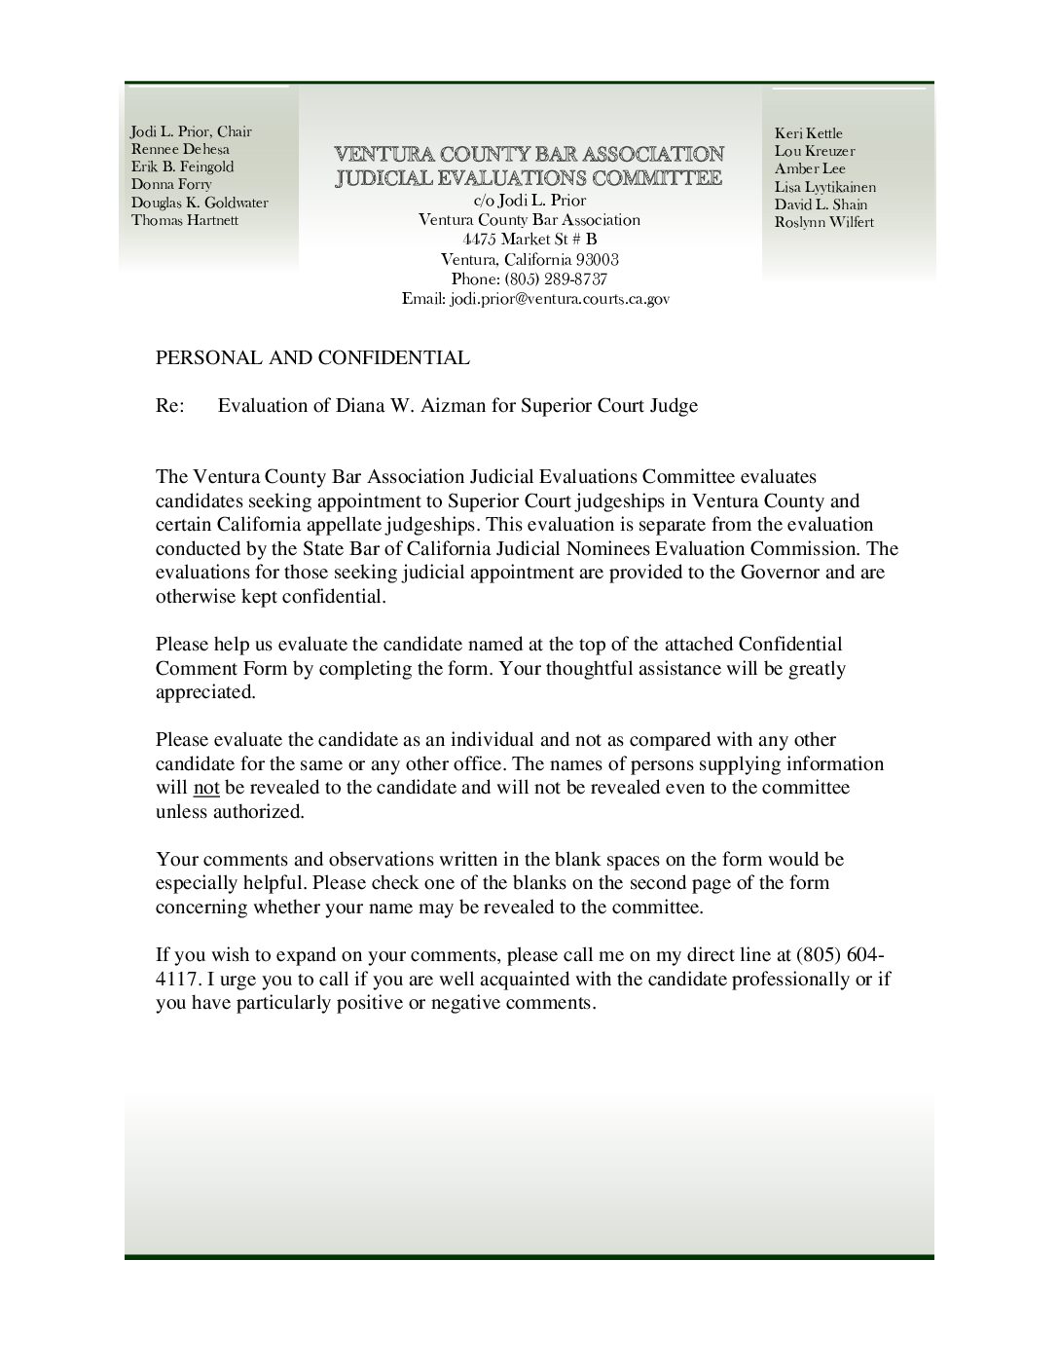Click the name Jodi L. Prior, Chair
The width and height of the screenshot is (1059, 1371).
pyautogui.click(x=191, y=131)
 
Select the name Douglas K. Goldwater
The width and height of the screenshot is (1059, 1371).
pyautogui.click(x=200, y=203)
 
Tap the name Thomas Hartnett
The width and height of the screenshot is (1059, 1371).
pyautogui.click(x=185, y=220)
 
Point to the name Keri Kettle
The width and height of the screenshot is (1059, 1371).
pyautogui.click(x=808, y=133)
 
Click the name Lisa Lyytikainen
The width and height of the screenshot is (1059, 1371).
pyautogui.click(x=824, y=187)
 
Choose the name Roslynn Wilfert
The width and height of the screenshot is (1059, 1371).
pyautogui.click(x=823, y=222)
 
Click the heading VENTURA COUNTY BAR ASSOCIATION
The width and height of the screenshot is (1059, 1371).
pyautogui.click(x=529, y=154)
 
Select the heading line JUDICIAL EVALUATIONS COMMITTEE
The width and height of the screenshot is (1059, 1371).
pyautogui.click(x=529, y=177)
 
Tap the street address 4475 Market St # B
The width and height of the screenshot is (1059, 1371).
pyautogui.click(x=529, y=240)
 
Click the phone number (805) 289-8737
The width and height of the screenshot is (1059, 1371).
pyautogui.click(x=557, y=279)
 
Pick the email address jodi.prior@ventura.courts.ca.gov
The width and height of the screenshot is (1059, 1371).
pyautogui.click(x=559, y=300)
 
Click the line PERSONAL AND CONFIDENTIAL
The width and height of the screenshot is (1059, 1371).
pyautogui.click(x=312, y=357)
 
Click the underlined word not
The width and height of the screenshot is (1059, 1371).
pyautogui.click(x=206, y=788)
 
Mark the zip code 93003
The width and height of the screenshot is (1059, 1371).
pyautogui.click(x=597, y=260)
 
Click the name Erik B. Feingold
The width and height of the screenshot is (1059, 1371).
pyautogui.click(x=182, y=167)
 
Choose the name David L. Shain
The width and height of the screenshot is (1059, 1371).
pyautogui.click(x=821, y=204)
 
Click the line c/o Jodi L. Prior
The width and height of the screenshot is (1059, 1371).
pyautogui.click(x=529, y=200)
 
